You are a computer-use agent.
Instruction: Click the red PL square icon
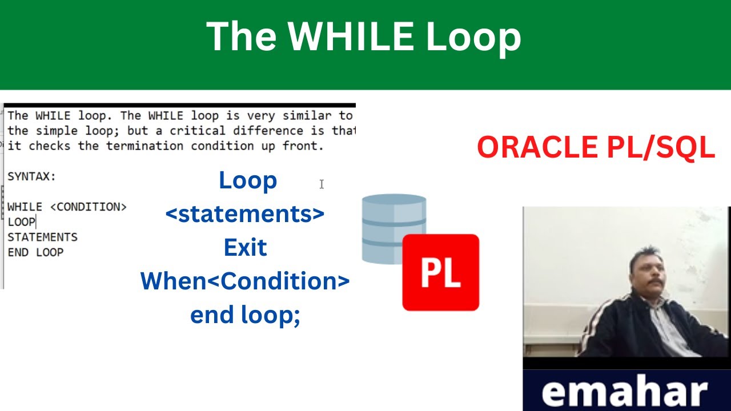click(x=440, y=273)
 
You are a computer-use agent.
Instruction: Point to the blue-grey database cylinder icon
click(x=394, y=228)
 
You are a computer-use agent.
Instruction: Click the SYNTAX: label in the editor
click(x=31, y=176)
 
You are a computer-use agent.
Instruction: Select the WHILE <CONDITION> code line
click(x=67, y=207)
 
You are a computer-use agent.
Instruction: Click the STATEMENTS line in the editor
click(x=42, y=237)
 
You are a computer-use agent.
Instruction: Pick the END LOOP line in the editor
click(x=35, y=252)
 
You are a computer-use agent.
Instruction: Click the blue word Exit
click(x=245, y=248)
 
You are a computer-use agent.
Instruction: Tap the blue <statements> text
click(x=244, y=214)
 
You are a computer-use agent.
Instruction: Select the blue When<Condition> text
click(x=245, y=281)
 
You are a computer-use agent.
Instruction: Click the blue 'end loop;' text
click(x=245, y=315)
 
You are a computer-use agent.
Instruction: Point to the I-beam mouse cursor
click(x=322, y=184)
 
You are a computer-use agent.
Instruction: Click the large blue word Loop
click(x=248, y=180)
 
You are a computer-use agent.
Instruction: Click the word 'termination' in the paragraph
click(x=144, y=146)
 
